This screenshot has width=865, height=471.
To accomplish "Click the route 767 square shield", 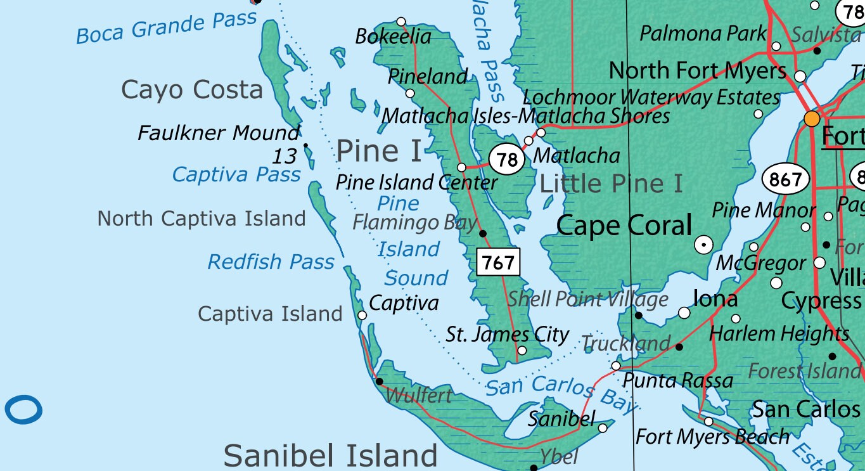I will point(498,262).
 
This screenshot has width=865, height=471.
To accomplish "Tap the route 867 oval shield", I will point(786,179).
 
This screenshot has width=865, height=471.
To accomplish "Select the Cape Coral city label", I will point(624,226).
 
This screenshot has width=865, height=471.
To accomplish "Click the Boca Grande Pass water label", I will point(167,27).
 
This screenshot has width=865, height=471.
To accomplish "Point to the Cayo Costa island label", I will point(191,90).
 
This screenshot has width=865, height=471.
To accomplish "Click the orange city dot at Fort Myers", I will point(812,119).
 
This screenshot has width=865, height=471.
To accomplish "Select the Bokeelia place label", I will point(393,37).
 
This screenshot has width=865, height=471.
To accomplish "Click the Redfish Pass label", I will point(271,261).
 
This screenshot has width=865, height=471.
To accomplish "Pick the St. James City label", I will point(507,334).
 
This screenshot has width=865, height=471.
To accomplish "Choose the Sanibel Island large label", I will point(330,455).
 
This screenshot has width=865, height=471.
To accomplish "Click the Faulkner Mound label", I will point(219,133).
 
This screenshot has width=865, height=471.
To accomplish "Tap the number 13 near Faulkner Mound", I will point(285,155).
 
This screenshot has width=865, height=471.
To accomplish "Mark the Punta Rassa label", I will point(677,380).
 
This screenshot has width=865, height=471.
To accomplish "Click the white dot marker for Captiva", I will point(362,315).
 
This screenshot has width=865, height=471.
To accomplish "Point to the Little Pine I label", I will point(611,184).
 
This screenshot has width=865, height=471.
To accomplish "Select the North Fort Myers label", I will point(697,70).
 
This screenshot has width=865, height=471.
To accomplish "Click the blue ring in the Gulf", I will point(23,410).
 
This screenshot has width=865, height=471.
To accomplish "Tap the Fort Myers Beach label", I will point(712,437).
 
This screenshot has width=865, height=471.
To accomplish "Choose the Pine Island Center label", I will point(416,183).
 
